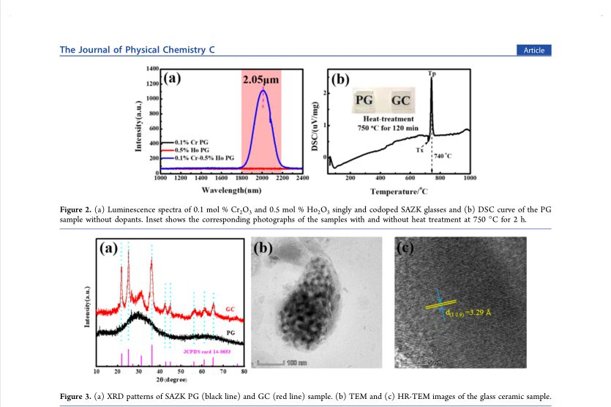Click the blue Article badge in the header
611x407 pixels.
(534, 50)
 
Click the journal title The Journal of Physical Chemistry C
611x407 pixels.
(137, 50)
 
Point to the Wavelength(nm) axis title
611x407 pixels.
(232, 190)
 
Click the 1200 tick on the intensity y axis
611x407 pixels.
(153, 83)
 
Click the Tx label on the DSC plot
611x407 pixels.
(420, 150)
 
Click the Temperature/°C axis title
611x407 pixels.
(399, 192)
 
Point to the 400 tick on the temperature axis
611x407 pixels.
(381, 178)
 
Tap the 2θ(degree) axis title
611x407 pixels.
(172, 381)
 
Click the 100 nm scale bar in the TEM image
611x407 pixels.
(282, 363)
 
